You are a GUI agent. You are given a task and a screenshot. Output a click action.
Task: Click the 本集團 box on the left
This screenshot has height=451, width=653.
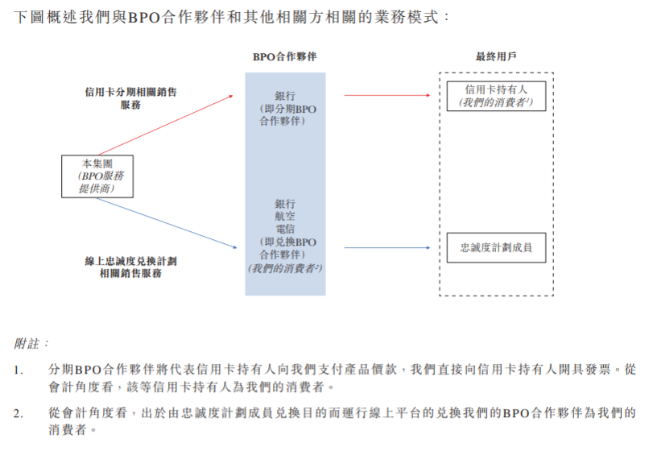(97, 176)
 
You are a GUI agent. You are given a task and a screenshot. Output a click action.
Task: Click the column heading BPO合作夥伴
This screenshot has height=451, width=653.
(284, 57)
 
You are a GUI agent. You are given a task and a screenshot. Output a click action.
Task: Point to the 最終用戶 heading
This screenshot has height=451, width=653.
(496, 57)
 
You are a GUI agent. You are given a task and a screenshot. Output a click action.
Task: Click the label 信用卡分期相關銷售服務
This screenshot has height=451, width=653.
(130, 98)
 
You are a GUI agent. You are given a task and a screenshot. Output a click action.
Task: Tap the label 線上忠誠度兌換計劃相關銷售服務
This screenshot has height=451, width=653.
(130, 267)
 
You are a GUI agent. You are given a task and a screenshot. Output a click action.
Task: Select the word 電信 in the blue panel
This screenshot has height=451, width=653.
(285, 229)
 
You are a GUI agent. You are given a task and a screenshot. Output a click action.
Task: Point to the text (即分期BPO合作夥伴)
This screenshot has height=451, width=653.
(285, 114)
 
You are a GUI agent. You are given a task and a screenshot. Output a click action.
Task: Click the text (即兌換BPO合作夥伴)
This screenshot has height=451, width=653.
(285, 247)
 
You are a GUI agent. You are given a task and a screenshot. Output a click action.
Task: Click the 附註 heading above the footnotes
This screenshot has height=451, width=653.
(33, 342)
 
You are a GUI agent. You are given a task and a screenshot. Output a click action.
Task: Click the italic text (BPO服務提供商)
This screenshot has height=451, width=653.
(97, 182)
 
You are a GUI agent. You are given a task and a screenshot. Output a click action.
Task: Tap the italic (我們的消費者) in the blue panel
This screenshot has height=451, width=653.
(285, 267)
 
